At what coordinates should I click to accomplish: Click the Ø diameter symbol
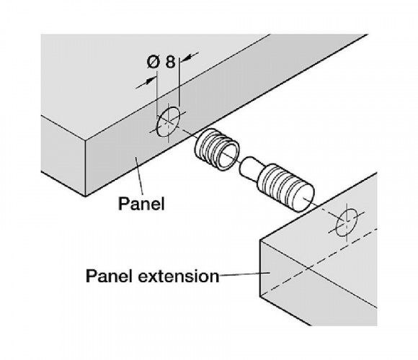click(154, 62)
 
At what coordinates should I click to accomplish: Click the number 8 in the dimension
click(171, 62)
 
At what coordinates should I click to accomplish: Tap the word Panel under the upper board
click(141, 204)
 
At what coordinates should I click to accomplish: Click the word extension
click(179, 276)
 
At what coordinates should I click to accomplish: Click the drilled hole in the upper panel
click(168, 122)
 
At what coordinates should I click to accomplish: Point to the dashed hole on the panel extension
click(347, 222)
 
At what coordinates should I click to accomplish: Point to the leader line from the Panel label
click(140, 176)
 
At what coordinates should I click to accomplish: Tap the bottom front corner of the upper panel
click(85, 197)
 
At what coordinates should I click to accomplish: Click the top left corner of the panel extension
click(260, 240)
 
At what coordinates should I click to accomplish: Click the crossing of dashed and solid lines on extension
click(307, 268)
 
